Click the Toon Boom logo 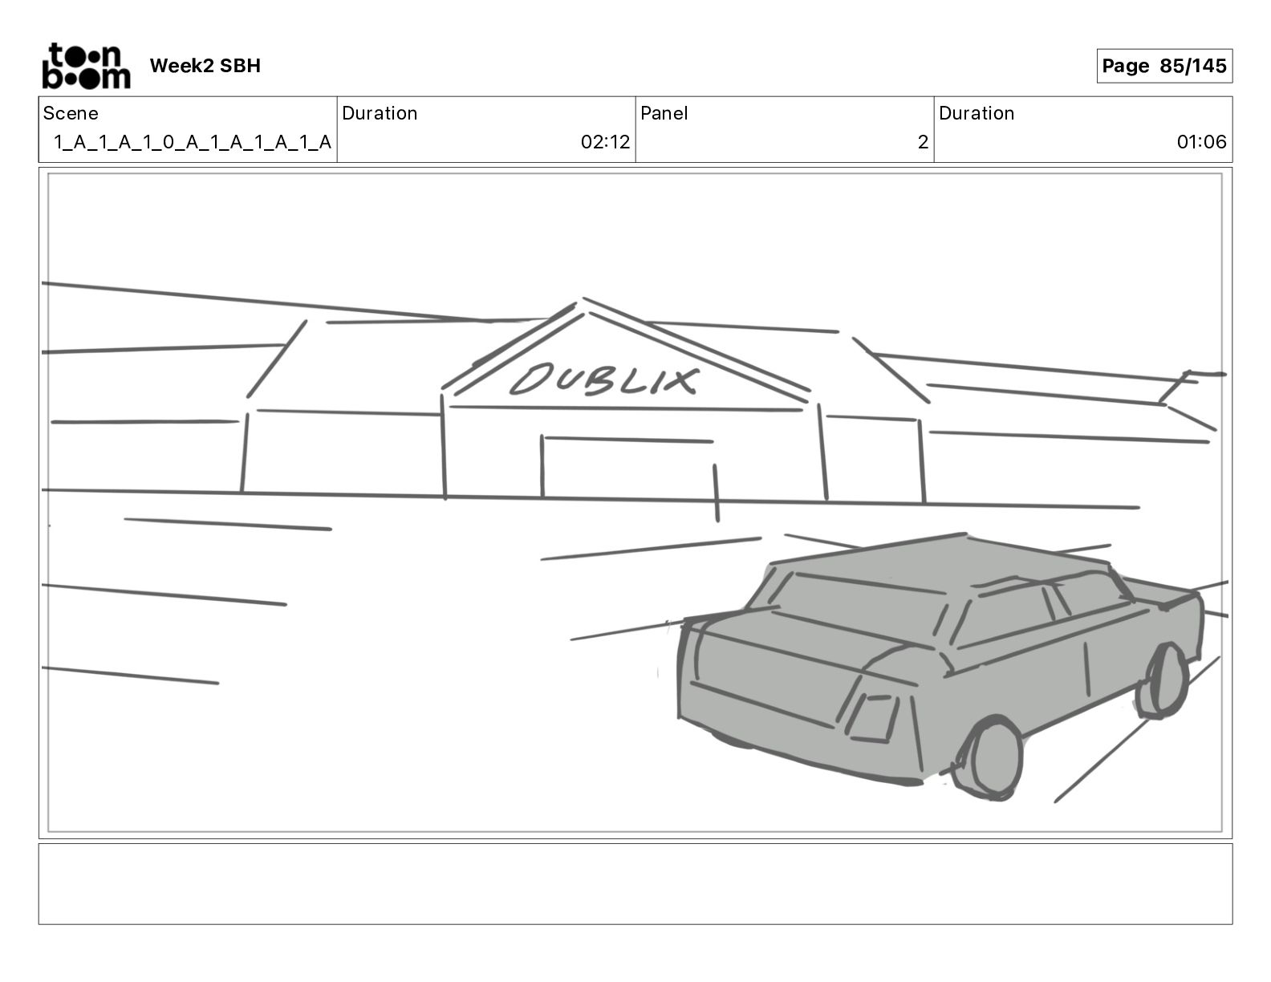point(87,66)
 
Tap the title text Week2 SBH point(205,66)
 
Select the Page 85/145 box point(1164,66)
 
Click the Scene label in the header point(71,113)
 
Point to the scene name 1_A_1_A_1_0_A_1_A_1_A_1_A point(193,142)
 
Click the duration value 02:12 point(605,141)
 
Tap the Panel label point(664,113)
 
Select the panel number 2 point(923,141)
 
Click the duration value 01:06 point(1201,141)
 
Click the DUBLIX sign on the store point(603,379)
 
